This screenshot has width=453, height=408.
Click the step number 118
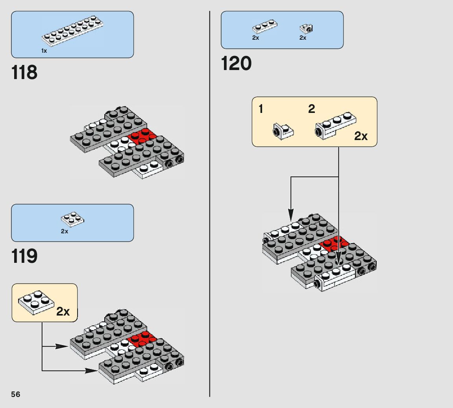[24, 72]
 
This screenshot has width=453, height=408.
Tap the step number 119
[24, 256]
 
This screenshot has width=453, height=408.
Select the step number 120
[236, 63]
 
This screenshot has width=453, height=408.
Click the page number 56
[16, 395]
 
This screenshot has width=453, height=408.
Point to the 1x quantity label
[44, 51]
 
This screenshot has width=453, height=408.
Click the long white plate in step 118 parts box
[72, 31]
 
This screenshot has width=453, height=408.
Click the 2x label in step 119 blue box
[65, 231]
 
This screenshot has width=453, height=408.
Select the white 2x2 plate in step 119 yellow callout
[36, 303]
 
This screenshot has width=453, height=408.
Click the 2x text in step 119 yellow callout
[63, 311]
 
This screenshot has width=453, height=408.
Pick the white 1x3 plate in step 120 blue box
[264, 27]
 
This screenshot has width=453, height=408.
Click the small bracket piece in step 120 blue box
[306, 29]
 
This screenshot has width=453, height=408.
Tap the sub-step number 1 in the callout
[261, 109]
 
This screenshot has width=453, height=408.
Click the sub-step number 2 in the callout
[311, 109]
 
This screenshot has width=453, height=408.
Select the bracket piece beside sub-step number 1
[283, 131]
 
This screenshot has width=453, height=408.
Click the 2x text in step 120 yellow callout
[361, 136]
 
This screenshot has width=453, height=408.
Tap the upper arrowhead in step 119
[62, 346]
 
